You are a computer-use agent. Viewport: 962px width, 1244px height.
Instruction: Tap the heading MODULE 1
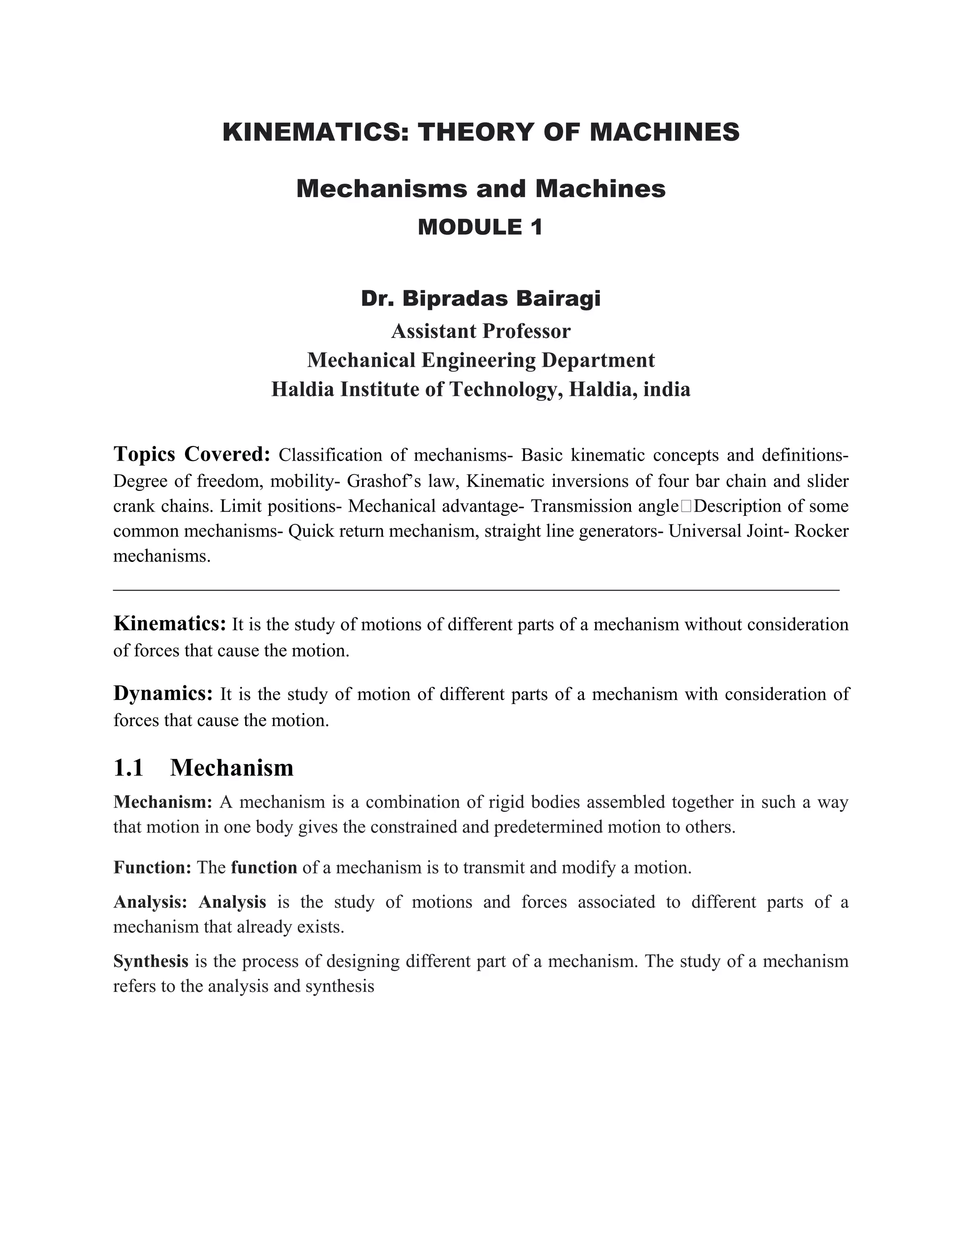(481, 227)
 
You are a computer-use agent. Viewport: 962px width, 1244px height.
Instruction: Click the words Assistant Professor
(481, 331)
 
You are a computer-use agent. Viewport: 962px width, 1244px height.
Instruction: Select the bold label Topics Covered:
(192, 454)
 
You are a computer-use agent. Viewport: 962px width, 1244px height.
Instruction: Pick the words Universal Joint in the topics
(721, 531)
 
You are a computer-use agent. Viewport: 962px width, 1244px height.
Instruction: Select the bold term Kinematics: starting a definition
(170, 624)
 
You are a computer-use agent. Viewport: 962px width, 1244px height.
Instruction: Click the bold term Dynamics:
(163, 694)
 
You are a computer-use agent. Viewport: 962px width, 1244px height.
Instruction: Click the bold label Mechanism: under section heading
(163, 802)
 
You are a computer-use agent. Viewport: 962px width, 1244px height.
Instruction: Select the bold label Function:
(152, 868)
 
